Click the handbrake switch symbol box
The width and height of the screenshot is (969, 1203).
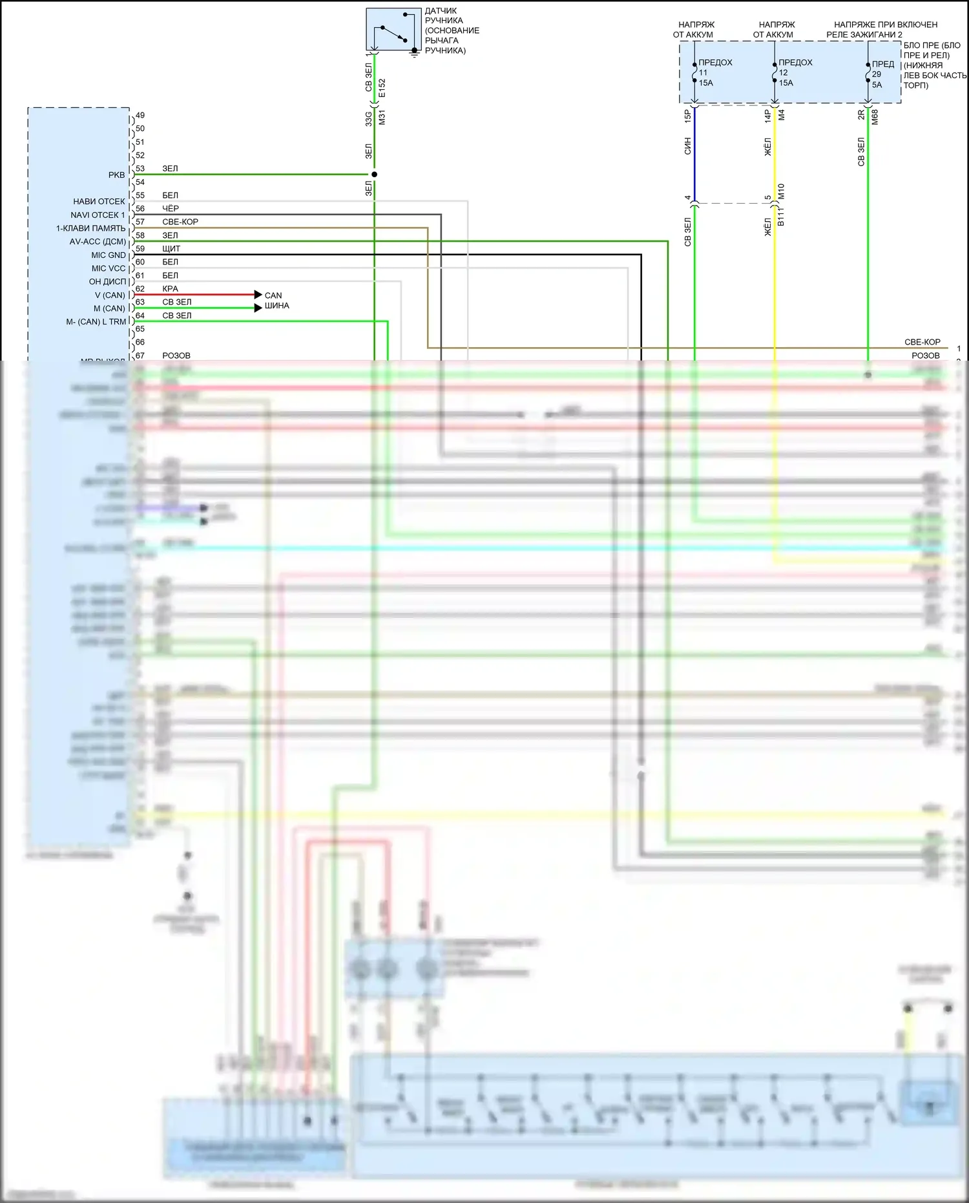tap(393, 30)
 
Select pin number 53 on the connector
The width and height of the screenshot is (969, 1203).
tap(140, 169)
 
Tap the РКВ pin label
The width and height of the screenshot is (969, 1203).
tap(116, 175)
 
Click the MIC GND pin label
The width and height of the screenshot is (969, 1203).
tap(108, 255)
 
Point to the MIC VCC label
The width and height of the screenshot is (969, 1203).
tap(108, 268)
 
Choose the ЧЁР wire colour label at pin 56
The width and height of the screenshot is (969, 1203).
tap(171, 208)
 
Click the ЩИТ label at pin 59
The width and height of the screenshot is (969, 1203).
tap(171, 248)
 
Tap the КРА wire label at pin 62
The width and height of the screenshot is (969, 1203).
tap(170, 288)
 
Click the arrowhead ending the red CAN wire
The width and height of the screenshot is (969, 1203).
tap(258, 295)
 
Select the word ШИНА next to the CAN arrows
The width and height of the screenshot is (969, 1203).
tap(276, 306)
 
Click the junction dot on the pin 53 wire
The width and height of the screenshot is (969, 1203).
tap(374, 175)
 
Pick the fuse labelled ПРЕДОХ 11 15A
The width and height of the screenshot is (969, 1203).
tap(694, 72)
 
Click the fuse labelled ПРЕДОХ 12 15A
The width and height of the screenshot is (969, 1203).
tap(775, 72)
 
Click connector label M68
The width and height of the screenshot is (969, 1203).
tap(875, 117)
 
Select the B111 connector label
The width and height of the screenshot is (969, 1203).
tap(781, 216)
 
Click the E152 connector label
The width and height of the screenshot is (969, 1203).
tap(382, 88)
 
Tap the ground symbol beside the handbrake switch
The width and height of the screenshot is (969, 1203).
tap(414, 54)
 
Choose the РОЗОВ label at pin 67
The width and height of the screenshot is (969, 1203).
tap(176, 356)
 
